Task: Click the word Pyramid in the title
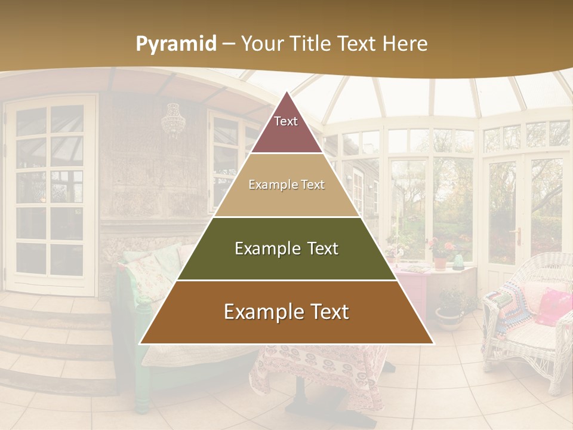click(x=176, y=44)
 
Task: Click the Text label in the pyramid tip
click(x=286, y=121)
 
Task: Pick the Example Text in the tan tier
click(x=286, y=185)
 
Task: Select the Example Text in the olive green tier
click(x=286, y=248)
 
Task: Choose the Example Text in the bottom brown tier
click(x=286, y=312)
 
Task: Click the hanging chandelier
click(x=173, y=121)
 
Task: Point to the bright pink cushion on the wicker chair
click(x=554, y=306)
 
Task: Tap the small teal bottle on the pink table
click(x=458, y=262)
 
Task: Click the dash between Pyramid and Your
click(x=229, y=44)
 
